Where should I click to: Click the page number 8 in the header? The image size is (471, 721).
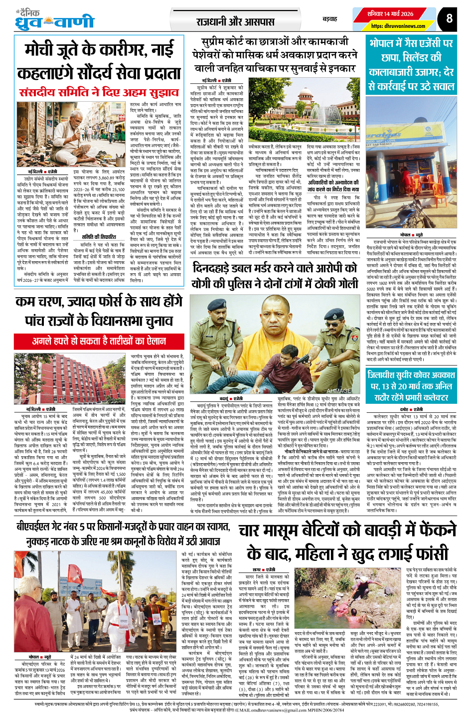tap(449, 18)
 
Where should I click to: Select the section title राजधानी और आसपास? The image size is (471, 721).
tap(235, 22)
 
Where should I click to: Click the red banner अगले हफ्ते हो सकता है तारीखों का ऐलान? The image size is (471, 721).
tap(99, 341)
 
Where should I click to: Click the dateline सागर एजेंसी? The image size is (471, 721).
tap(264, 569)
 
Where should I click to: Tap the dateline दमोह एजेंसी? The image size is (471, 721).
tap(411, 409)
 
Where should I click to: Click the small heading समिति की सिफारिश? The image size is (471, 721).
tap(99, 236)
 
